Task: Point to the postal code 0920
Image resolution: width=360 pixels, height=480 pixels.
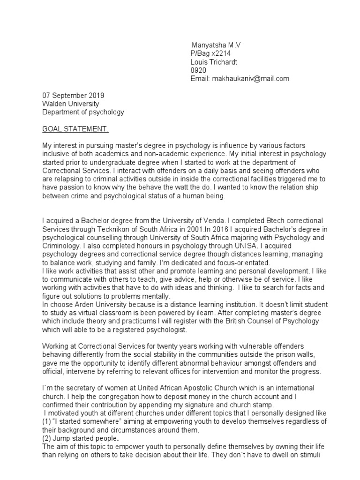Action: pyautogui.click(x=198, y=70)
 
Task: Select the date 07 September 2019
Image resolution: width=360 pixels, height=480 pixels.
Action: pyautogui.click(x=74, y=95)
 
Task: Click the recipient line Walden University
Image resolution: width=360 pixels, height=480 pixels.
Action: pyautogui.click(x=71, y=104)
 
